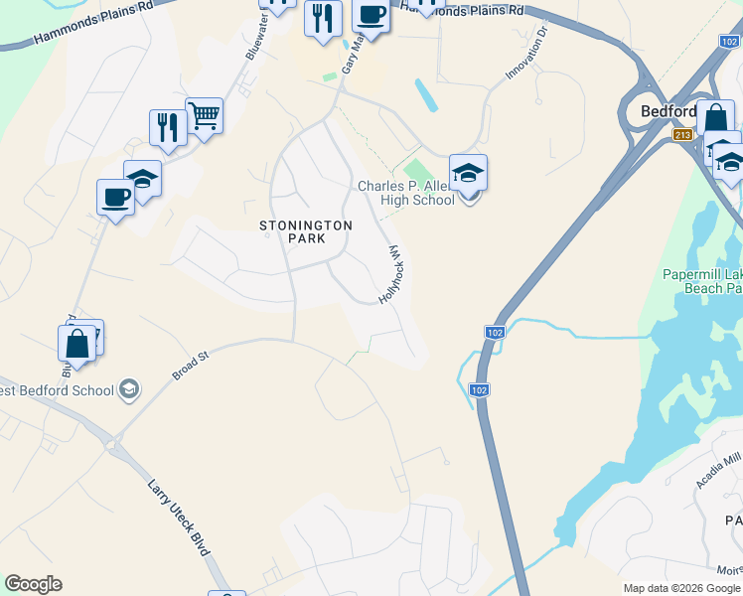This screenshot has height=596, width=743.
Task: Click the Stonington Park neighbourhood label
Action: (306, 231)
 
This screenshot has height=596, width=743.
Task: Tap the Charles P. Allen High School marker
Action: (469, 173)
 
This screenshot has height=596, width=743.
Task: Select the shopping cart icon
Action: (204, 116)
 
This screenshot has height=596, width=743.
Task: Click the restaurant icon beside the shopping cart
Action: (168, 127)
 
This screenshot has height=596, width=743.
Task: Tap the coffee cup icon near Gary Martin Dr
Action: (371, 17)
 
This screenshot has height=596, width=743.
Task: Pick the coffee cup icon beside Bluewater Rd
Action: (115, 197)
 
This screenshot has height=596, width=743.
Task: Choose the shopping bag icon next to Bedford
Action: (715, 118)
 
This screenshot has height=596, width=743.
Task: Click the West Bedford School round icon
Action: (128, 389)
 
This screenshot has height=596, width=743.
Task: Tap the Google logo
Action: (33, 584)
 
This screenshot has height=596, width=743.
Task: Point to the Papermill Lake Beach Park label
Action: (703, 281)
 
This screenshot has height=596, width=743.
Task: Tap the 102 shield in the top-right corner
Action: (728, 41)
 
